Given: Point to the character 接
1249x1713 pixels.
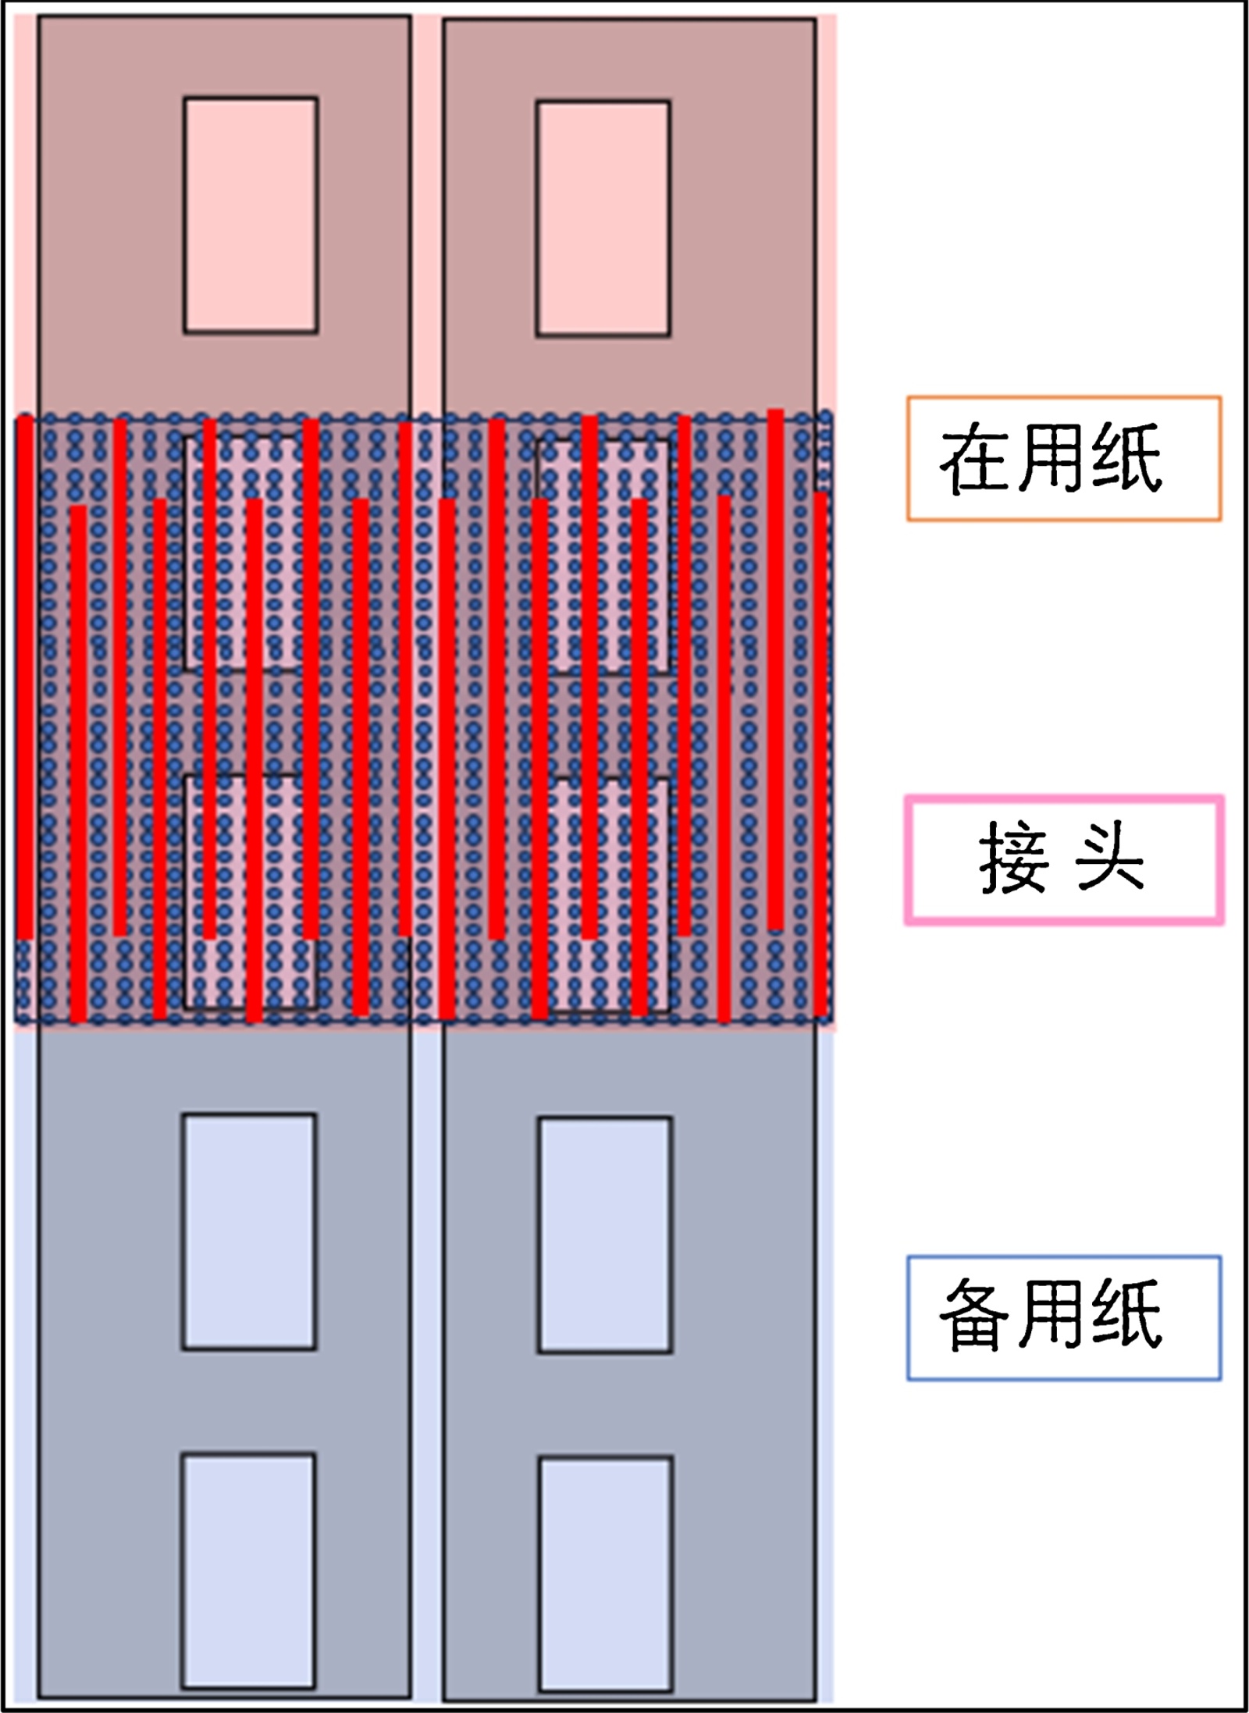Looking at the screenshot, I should [x=1012, y=858].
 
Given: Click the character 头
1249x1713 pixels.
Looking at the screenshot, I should [x=1109, y=858].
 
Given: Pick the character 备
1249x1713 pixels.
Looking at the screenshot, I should [x=975, y=1315].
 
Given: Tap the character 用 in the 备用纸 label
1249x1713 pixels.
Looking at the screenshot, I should [x=1051, y=1315].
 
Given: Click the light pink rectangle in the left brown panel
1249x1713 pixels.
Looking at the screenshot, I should [x=251, y=215].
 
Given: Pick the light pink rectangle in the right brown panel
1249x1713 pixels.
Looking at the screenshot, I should [x=603, y=219].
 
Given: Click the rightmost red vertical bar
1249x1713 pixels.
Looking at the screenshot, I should [x=820, y=753].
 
